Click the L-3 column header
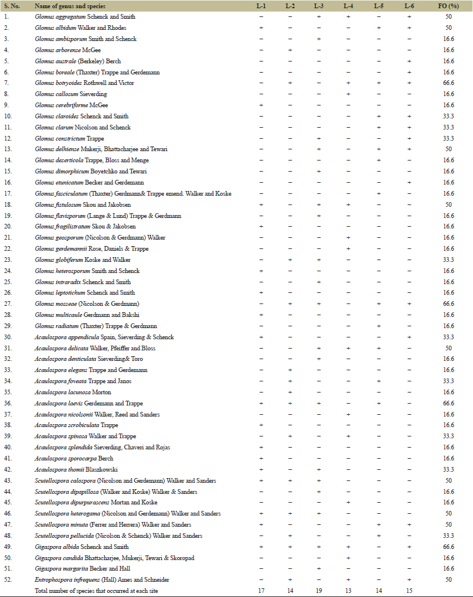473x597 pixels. point(318,6)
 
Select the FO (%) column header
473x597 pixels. point(449,6)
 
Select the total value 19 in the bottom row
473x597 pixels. point(318,591)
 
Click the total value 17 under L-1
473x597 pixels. point(261,591)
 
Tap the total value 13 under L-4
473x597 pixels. point(348,591)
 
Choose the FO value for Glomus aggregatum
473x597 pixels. point(449,17)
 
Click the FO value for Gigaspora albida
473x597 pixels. point(449,547)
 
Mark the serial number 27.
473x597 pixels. point(8,303)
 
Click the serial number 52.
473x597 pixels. point(8,579)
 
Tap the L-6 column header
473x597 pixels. point(409,6)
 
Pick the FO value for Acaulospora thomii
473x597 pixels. point(449,469)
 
